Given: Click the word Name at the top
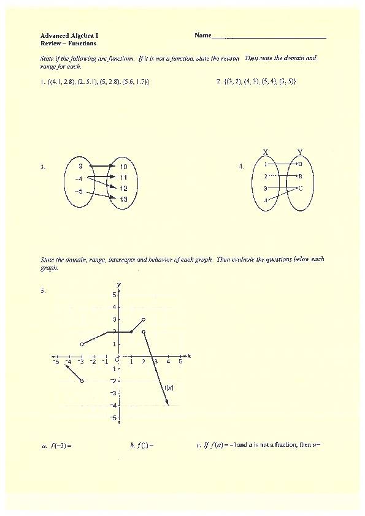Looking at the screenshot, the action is click(202, 36).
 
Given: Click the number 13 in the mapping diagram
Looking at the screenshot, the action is click(123, 199).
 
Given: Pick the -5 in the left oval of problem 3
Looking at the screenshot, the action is click(79, 191).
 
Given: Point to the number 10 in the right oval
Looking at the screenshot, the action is click(123, 167).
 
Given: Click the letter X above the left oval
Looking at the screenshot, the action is click(266, 152).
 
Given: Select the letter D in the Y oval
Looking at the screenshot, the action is click(300, 164).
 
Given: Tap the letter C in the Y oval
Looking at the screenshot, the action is click(300, 188).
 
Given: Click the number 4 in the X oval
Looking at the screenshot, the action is click(266, 200).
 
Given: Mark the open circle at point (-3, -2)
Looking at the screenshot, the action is click(82, 381).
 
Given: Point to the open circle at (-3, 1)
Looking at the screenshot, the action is click(82, 344).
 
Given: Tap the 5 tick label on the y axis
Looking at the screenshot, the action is click(113, 294).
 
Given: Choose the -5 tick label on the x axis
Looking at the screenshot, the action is click(56, 362).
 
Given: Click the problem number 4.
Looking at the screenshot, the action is click(242, 166).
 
